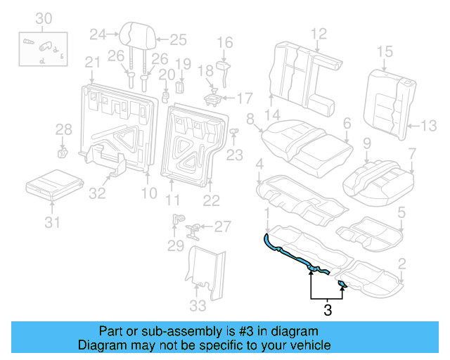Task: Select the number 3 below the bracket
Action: click(x=327, y=307)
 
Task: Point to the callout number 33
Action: click(x=199, y=305)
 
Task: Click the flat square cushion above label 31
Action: click(x=51, y=184)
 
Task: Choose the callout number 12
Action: click(x=319, y=32)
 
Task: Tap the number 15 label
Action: click(x=384, y=51)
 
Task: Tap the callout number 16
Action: click(x=224, y=43)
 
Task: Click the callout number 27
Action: click(x=222, y=226)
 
